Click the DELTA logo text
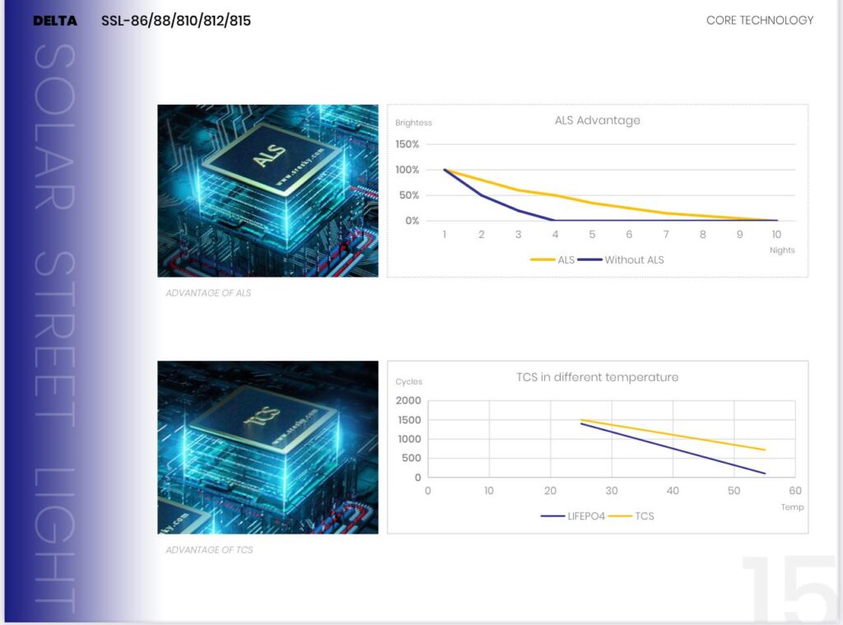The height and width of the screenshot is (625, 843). (x=55, y=21)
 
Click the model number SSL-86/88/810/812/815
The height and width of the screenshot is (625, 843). (x=176, y=21)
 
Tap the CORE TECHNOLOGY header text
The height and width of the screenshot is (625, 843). (x=759, y=21)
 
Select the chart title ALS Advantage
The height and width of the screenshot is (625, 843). (x=597, y=120)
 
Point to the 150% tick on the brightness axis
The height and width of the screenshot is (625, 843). (x=407, y=144)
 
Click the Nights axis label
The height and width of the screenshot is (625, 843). (x=782, y=250)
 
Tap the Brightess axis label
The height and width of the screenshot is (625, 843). (x=413, y=124)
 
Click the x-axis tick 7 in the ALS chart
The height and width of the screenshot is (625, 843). (x=666, y=235)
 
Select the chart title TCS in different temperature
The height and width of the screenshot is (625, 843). (x=597, y=377)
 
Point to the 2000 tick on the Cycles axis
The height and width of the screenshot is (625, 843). (x=408, y=401)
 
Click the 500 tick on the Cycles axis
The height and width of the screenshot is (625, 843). (x=412, y=459)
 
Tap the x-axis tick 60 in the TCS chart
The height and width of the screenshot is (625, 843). (x=794, y=491)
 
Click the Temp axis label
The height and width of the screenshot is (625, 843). (x=792, y=507)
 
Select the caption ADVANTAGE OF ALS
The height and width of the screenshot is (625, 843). (x=208, y=293)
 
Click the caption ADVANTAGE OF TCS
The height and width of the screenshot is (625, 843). (x=209, y=550)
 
